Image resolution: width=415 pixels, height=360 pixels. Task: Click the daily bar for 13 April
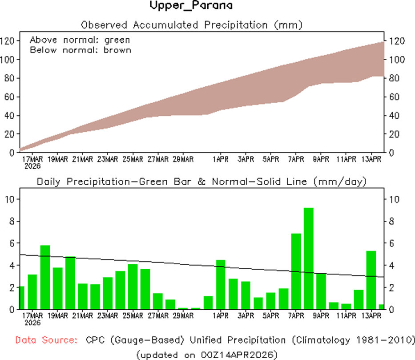point(371,280)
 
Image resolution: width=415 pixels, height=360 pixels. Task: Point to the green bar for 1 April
point(221,284)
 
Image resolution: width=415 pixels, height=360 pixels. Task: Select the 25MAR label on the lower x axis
point(133,316)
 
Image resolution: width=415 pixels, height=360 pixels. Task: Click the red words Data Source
point(46,340)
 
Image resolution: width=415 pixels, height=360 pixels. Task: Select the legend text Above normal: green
point(80,40)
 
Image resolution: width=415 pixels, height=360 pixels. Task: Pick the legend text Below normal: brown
point(80,50)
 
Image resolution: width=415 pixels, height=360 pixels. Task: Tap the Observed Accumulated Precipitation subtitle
point(192,24)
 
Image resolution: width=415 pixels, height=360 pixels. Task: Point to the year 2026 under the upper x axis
point(33,166)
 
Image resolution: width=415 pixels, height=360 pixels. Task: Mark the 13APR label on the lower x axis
point(371,316)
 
